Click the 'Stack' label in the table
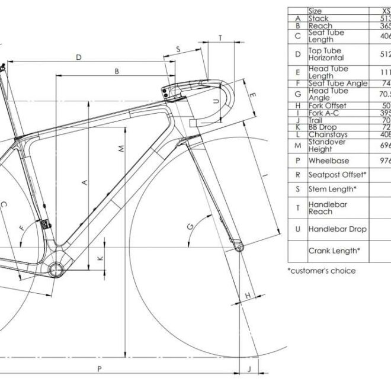(318, 18)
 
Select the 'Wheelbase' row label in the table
(329, 161)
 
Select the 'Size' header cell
(315, 11)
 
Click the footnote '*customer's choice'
(322, 271)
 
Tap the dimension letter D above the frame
(78, 57)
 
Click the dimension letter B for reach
(117, 72)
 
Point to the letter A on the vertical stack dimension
(84, 182)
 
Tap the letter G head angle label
(190, 227)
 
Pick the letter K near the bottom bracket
(100, 258)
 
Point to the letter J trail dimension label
(249, 369)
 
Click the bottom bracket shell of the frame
(56, 270)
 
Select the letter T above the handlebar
(220, 38)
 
